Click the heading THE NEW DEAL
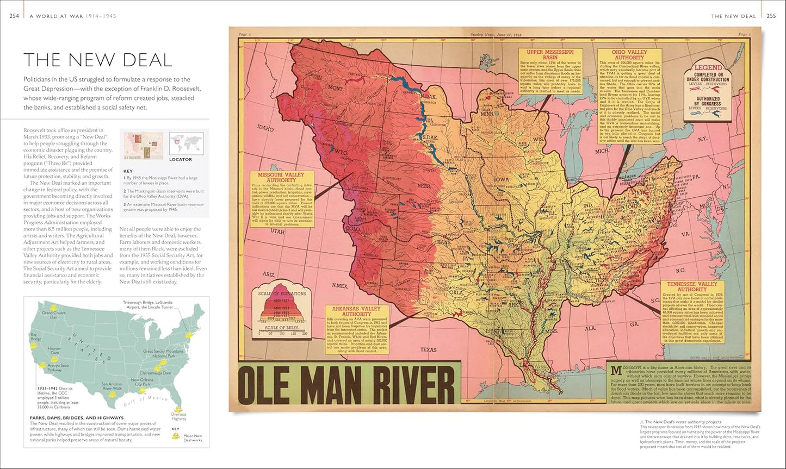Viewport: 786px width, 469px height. point(97,59)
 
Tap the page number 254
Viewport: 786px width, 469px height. point(15,16)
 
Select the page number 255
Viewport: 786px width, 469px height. point(771,16)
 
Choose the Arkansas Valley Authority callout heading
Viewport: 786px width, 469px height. point(357,311)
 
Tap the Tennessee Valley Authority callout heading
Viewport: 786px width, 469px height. point(692,286)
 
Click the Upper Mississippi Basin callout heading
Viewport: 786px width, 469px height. point(550,55)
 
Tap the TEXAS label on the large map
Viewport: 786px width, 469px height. point(429,349)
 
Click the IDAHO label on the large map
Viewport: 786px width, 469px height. point(266,129)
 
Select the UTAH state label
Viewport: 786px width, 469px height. point(277,232)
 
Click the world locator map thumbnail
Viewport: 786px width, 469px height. point(186,143)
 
